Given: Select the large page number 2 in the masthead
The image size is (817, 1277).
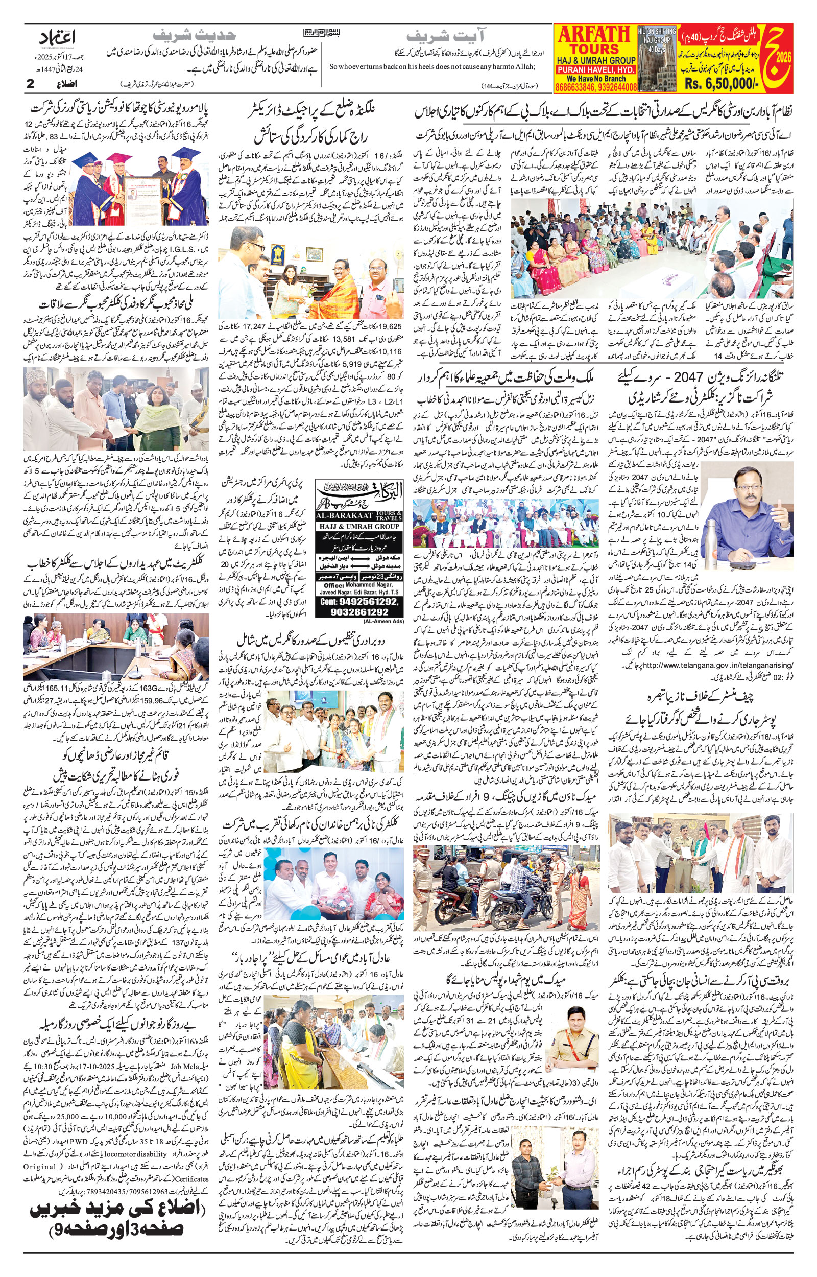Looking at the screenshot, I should (x=30, y=84).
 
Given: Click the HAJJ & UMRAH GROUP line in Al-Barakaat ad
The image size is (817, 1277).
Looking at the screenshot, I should (x=358, y=526).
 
